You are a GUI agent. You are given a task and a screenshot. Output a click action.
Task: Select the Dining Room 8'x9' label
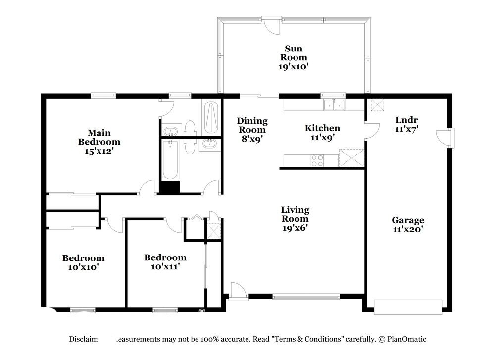point(252,130)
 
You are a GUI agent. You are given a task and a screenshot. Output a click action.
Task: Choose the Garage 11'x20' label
point(408,224)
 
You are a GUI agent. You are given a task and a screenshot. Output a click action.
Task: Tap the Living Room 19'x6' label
point(295,219)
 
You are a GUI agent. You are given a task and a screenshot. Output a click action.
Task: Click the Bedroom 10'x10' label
point(83,262)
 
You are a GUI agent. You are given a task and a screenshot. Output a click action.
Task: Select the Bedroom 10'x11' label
point(165,262)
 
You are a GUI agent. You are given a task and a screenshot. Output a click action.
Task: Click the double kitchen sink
point(334,105)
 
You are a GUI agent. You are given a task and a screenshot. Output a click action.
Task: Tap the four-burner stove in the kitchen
point(317,160)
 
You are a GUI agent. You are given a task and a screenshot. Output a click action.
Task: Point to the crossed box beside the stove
point(351,158)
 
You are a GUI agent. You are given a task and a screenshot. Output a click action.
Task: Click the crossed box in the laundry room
point(377,104)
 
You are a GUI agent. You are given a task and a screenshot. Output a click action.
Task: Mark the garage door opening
point(408,307)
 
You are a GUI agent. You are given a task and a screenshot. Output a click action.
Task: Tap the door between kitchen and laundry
point(372,130)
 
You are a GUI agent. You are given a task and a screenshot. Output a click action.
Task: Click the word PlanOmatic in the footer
point(407,339)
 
